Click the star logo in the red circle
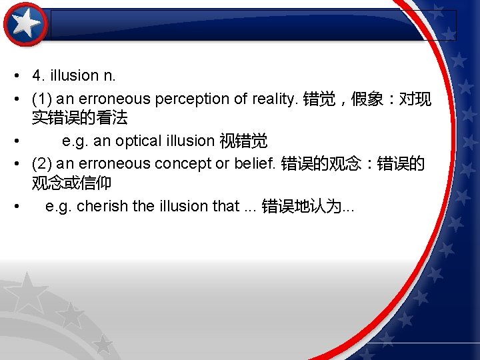click(26, 25)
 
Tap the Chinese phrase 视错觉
click(243, 141)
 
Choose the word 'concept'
click(179, 163)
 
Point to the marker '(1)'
click(41, 99)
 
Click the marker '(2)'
click(41, 163)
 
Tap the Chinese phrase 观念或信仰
click(71, 182)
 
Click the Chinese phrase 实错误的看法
click(79, 118)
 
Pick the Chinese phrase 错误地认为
click(300, 206)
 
